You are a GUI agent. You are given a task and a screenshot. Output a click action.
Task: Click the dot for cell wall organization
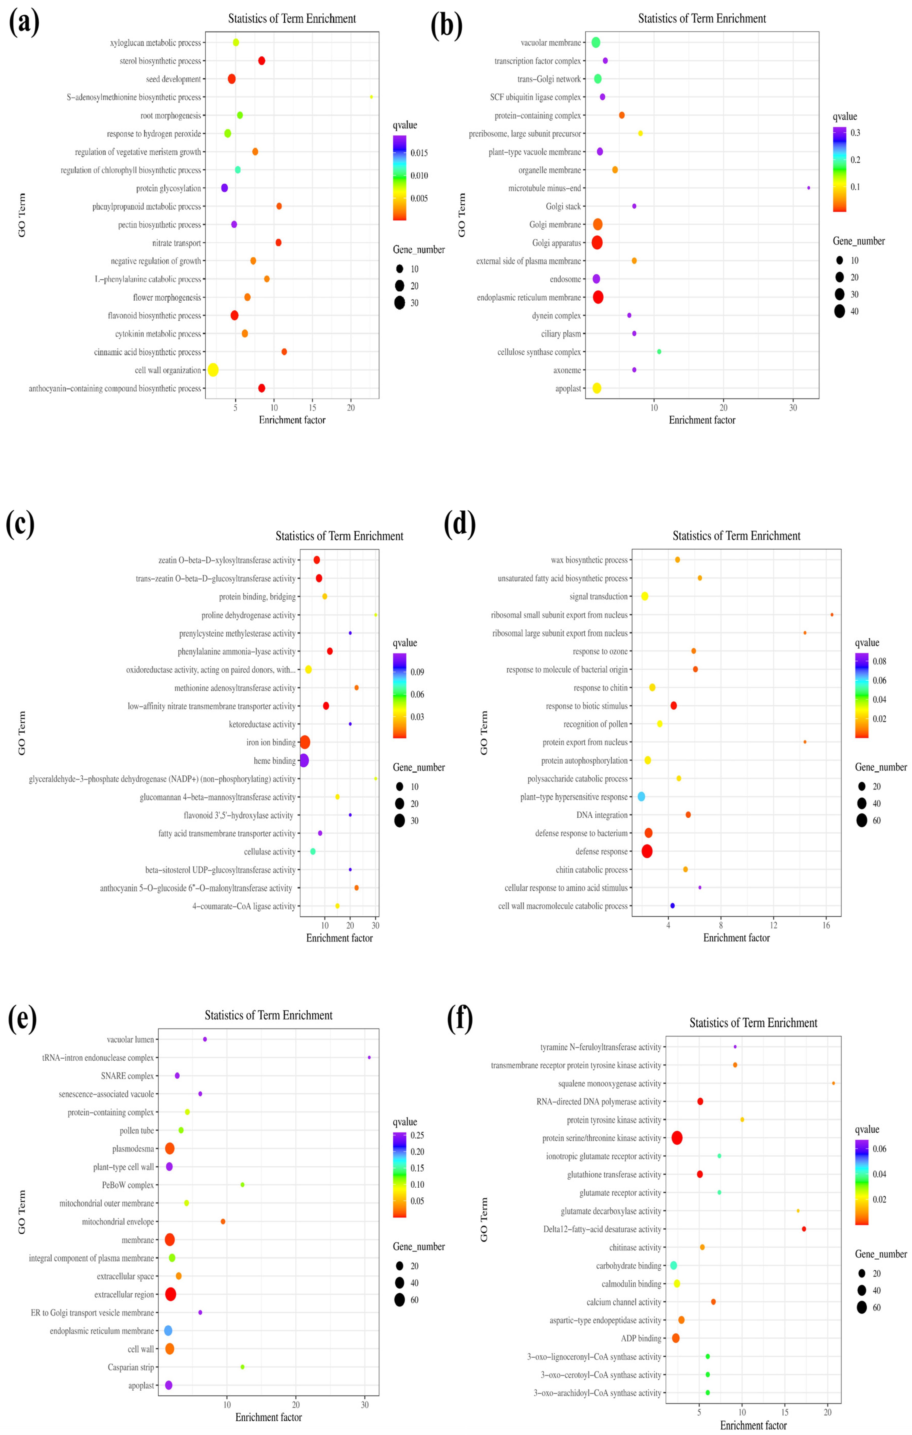pos(213,370)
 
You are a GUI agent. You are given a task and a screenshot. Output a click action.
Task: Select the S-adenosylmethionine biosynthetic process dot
pos(371,97)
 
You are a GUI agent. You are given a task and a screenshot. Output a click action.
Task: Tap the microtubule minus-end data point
pos(808,188)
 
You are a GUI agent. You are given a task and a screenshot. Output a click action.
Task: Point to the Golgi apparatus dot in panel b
pos(597,242)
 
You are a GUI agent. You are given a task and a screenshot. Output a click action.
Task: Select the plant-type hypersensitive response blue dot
pos(641,796)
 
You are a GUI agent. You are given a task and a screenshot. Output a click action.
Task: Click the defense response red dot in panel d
pos(647,851)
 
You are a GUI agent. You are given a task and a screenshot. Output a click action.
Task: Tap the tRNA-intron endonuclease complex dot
pos(369,1057)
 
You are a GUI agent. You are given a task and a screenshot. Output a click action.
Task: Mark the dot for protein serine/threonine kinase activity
pos(677,1138)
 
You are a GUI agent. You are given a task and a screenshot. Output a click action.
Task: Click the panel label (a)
pos(24,24)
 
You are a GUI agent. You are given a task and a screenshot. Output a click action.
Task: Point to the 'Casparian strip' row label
pos(131,1367)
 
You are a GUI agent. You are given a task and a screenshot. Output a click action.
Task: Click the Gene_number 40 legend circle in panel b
pos(839,311)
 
